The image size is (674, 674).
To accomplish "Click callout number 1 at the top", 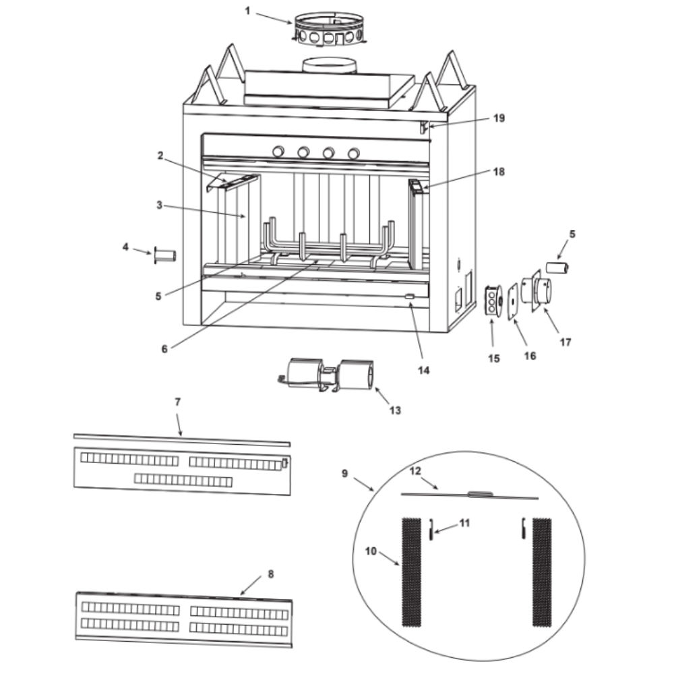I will (x=247, y=11).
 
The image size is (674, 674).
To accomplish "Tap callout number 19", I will (x=498, y=118).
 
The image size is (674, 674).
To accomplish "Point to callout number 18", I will (x=498, y=171).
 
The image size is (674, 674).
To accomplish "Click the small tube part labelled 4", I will (x=165, y=256).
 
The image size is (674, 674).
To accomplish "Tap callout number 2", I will (x=160, y=156).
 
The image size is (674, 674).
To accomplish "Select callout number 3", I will (x=158, y=205).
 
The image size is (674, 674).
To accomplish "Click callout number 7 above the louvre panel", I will (x=177, y=402).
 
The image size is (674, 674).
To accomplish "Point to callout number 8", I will (x=270, y=574).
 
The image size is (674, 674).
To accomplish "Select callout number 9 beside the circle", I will (x=344, y=473).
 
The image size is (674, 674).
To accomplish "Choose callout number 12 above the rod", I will (x=416, y=470).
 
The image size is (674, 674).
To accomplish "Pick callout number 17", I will (x=565, y=342).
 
